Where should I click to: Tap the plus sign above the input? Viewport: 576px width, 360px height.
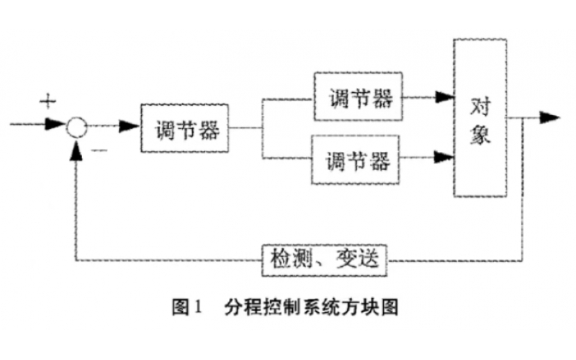[x=47, y=101]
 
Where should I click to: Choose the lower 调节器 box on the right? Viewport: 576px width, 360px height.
[x=356, y=159]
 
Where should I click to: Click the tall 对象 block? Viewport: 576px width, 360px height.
[x=480, y=118]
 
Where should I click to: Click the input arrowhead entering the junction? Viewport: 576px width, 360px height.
[x=55, y=125]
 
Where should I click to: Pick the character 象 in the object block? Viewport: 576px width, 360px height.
[x=480, y=135]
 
